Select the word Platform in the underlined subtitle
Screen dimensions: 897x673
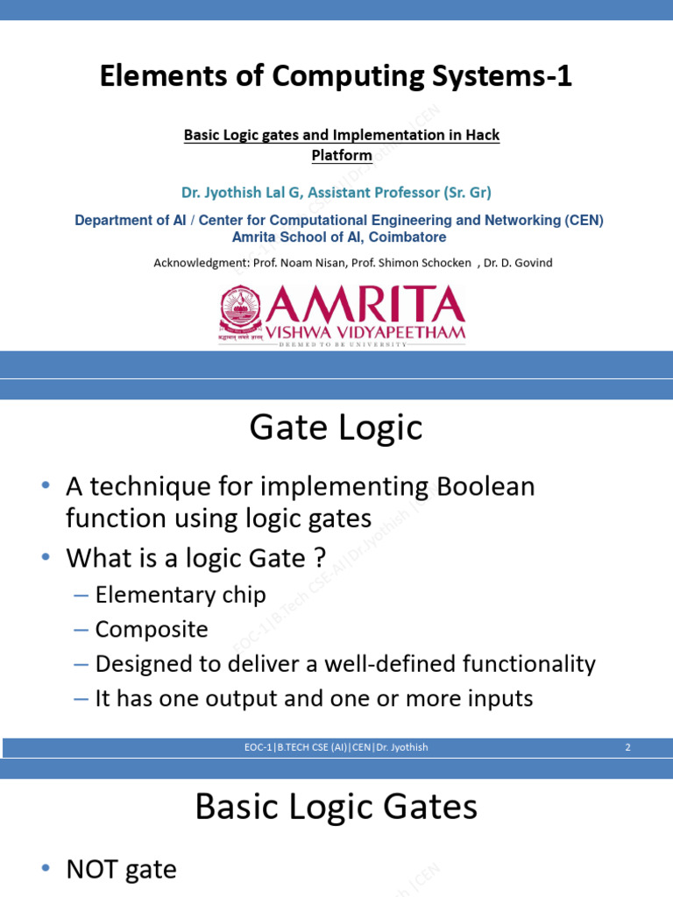tap(342, 156)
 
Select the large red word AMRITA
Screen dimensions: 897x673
tap(365, 306)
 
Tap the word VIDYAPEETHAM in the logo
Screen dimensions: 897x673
tap(400, 333)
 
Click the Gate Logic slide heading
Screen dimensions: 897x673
tap(336, 428)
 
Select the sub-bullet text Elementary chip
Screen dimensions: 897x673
tap(181, 596)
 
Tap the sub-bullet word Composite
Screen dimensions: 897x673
tap(152, 630)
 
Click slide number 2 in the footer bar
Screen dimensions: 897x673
tap(628, 747)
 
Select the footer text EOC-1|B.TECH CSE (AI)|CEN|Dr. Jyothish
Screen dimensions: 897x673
tap(336, 747)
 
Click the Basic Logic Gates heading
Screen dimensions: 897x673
tap(336, 807)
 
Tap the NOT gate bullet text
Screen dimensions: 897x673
tap(122, 870)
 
